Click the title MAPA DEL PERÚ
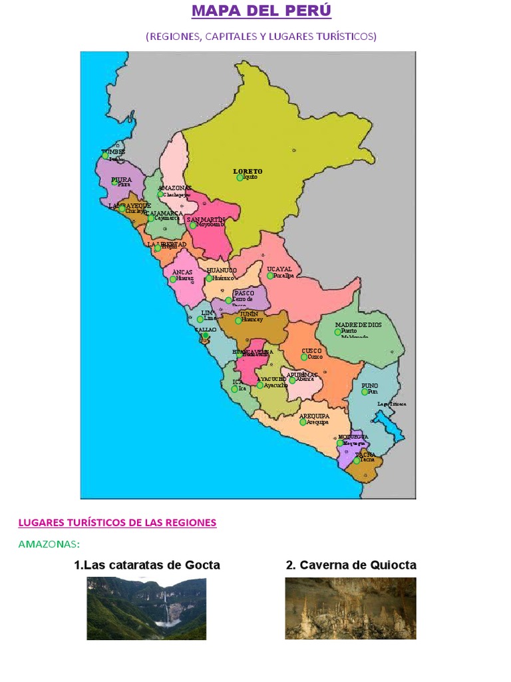pos(261,11)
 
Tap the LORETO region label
pos(248,171)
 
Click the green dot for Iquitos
pos(240,178)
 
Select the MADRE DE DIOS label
pos(358,324)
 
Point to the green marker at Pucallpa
pos(270,276)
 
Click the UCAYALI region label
pos(279,269)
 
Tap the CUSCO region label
pos(311,350)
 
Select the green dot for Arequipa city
pos(303,422)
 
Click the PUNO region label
pos(369,386)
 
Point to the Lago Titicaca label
pos(391,404)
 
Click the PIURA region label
pos(121,179)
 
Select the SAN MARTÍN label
pos(206,219)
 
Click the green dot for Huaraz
pos(173,279)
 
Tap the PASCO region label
pos(244,293)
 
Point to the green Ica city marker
pos(234,388)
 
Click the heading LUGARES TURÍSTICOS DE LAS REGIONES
pos(117,523)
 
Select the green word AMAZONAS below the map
pos(49,544)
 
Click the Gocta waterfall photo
pos(146,608)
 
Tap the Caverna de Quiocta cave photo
pos(351,608)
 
